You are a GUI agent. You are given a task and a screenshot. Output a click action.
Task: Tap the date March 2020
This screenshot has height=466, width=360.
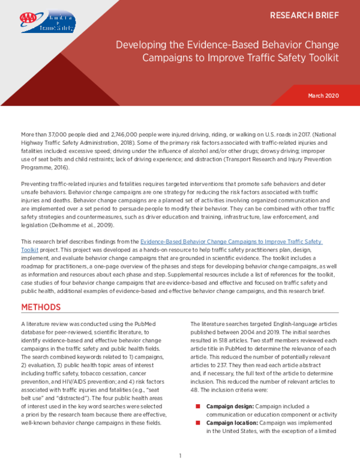(x=325, y=95)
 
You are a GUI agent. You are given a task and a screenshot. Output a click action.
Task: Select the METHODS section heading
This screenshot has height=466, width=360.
(x=41, y=307)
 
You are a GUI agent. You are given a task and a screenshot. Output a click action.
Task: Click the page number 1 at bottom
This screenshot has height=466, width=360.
(x=180, y=456)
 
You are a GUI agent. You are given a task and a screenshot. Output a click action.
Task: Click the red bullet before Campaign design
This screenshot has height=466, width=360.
(x=199, y=407)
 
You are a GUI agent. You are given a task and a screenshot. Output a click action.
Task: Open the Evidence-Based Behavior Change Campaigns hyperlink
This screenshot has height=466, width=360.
(x=234, y=241)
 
